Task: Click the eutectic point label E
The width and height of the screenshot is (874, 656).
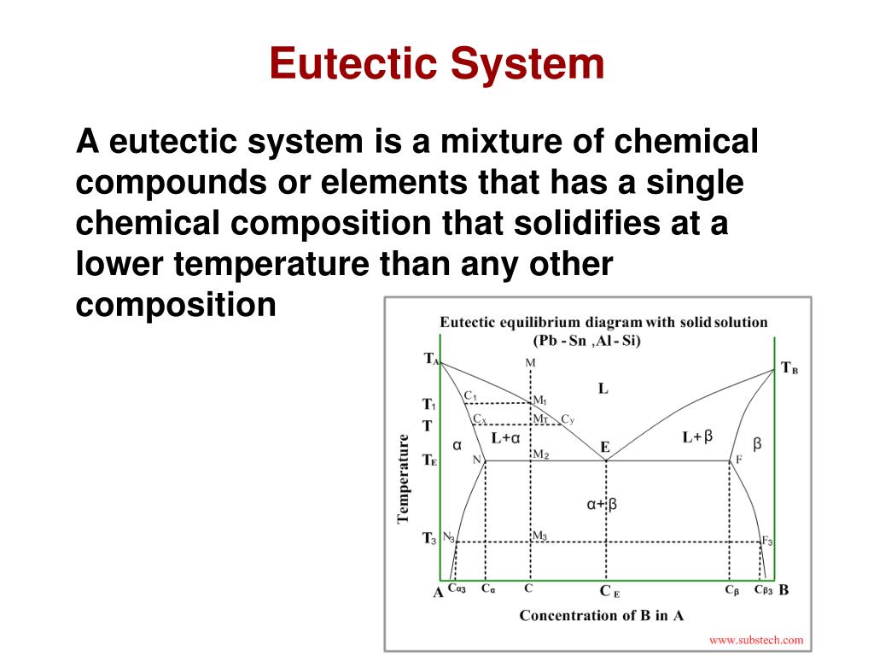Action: (x=605, y=447)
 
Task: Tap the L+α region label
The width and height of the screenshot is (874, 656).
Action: (x=506, y=437)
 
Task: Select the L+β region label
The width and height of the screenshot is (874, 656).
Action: (x=697, y=436)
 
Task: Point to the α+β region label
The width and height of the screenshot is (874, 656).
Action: (x=601, y=504)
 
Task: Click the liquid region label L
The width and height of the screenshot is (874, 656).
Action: (x=603, y=389)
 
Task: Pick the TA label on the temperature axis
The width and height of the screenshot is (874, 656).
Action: (x=431, y=359)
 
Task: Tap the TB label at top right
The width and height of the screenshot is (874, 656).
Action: (x=790, y=369)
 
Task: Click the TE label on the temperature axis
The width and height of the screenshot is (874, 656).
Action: (x=429, y=460)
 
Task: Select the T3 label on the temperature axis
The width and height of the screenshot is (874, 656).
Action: (x=429, y=538)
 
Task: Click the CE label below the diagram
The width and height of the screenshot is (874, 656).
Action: (x=609, y=591)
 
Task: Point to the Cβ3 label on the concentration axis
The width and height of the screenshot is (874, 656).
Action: (x=763, y=589)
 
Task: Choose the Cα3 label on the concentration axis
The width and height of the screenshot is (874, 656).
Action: (x=457, y=589)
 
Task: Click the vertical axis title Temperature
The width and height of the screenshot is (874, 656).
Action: (x=404, y=477)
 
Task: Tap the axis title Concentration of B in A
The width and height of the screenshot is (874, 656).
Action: (x=601, y=615)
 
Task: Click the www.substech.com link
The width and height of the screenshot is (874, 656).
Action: (x=756, y=639)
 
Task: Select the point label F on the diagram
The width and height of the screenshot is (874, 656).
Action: (x=739, y=459)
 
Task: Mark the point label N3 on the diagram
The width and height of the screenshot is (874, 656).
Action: (x=448, y=537)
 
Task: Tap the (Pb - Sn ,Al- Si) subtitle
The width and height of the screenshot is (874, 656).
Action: (x=587, y=340)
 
